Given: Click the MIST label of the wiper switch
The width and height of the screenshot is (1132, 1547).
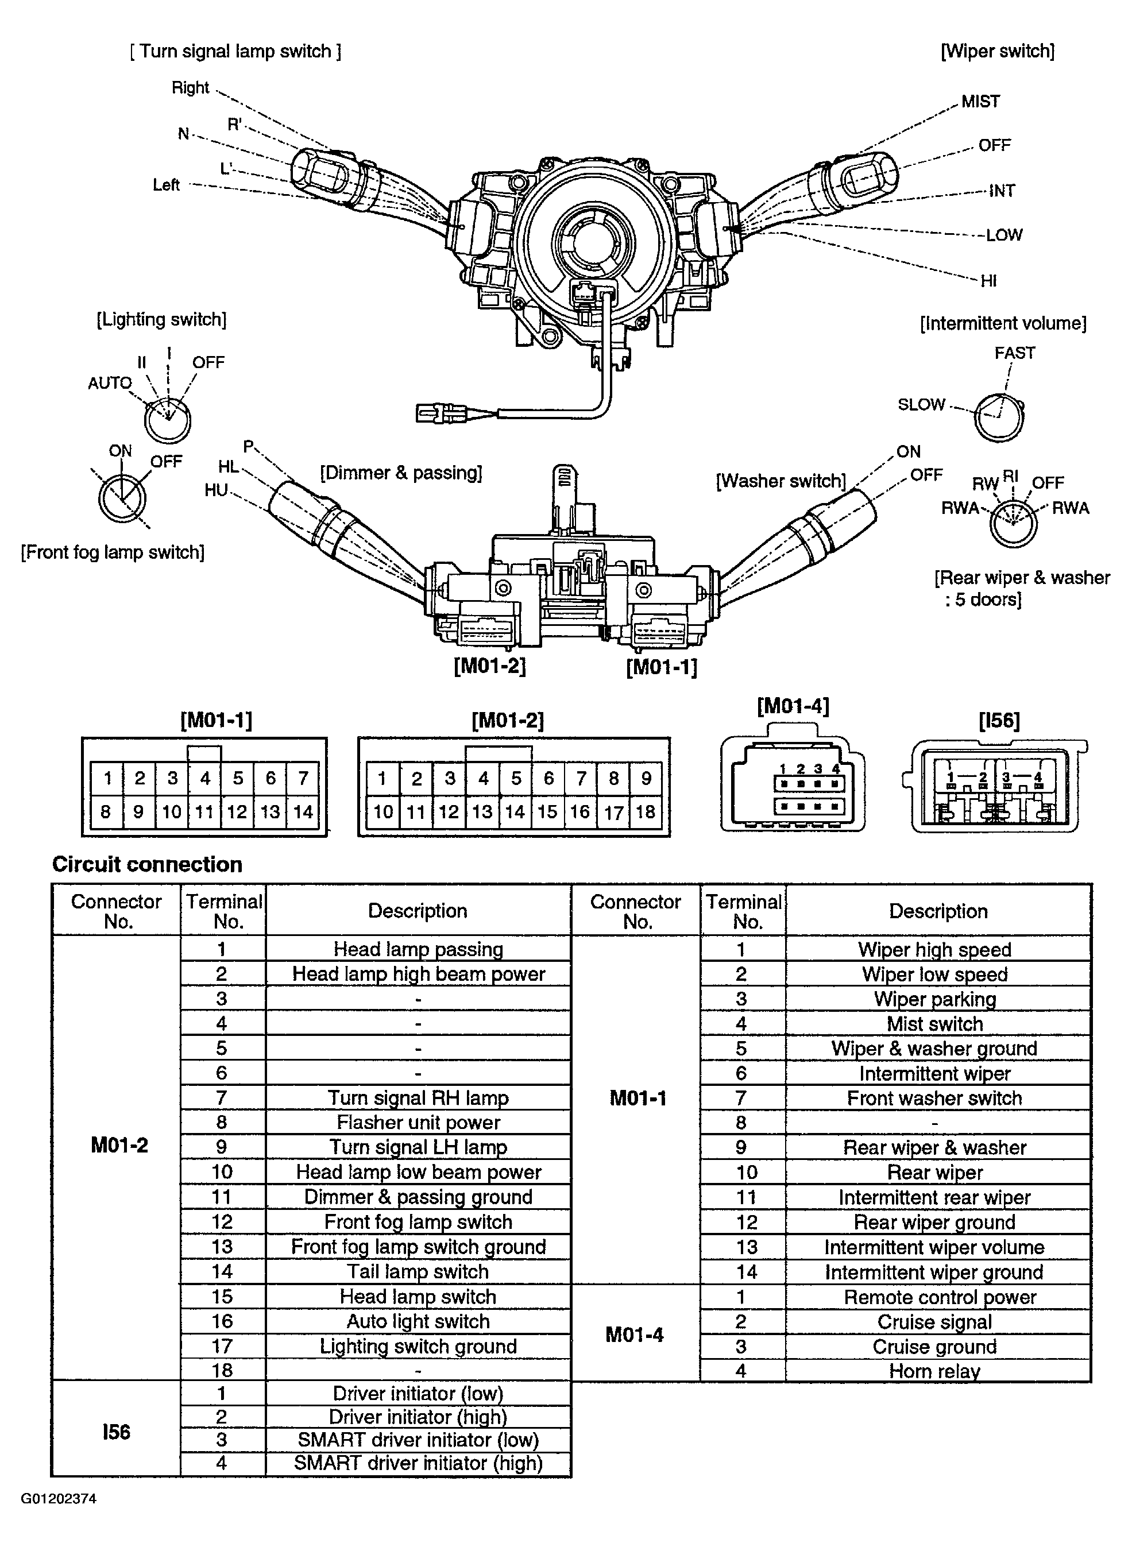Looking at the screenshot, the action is click(980, 102).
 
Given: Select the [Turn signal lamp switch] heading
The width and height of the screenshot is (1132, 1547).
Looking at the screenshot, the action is click(235, 51).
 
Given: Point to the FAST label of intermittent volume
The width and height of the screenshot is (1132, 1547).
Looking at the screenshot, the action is click(1014, 353).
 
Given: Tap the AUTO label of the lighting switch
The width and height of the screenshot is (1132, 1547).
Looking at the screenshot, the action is click(110, 383).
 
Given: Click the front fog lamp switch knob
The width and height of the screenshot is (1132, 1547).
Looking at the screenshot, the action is click(121, 498).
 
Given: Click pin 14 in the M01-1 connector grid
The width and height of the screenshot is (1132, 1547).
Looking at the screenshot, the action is click(303, 812).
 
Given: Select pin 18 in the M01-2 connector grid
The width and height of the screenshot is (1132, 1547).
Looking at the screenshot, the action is click(646, 812).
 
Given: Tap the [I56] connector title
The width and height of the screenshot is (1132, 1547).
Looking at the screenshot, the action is click(999, 720).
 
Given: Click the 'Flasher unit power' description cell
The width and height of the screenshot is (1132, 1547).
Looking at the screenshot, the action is click(418, 1122).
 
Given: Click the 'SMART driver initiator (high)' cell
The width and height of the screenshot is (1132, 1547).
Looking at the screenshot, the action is click(418, 1463).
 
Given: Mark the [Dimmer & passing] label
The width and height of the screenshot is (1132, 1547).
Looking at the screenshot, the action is click(401, 473).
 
